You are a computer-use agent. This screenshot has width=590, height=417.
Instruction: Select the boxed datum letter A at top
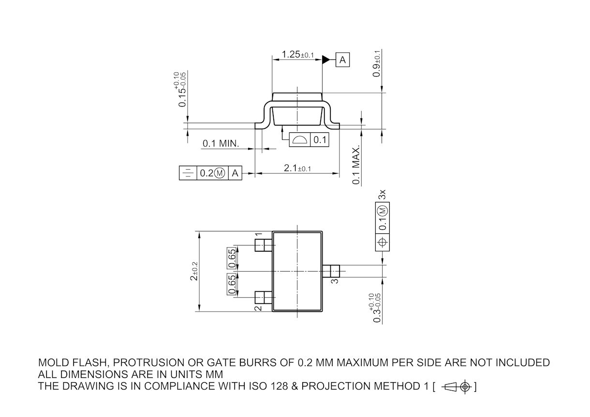[342, 60]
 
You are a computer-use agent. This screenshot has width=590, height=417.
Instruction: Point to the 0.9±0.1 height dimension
[376, 63]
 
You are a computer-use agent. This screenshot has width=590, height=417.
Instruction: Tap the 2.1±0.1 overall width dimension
[297, 168]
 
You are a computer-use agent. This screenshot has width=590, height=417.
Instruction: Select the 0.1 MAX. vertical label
[356, 165]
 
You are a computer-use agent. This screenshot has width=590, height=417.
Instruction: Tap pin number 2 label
[258, 307]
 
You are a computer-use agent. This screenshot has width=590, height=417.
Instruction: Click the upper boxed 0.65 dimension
[232, 259]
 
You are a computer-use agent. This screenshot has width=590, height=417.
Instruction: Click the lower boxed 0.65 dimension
[232, 284]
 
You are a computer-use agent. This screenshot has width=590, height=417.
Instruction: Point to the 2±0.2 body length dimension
[194, 271]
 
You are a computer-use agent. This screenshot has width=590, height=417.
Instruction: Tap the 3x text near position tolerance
[382, 195]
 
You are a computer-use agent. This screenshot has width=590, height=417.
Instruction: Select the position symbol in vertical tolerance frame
[382, 242]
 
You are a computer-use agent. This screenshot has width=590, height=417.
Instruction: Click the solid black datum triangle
[326, 60]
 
